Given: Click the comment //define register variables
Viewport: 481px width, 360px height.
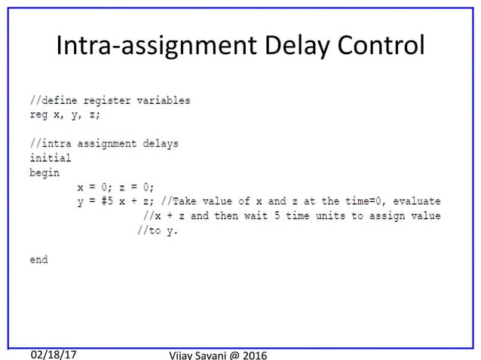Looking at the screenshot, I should (110, 99).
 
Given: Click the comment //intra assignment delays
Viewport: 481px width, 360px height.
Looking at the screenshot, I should (104, 143).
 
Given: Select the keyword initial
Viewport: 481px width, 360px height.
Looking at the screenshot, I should (51, 157).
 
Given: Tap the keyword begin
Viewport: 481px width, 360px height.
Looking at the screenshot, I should (44, 172).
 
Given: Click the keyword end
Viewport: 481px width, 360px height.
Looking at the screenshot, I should (38, 259).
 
